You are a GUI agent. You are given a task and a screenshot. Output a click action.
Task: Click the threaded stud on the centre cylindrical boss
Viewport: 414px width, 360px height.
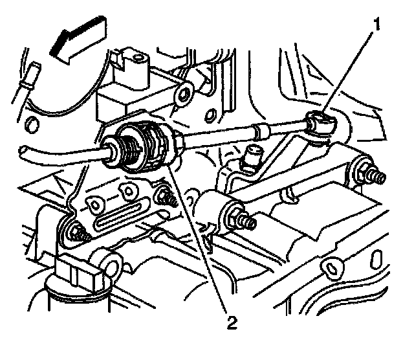245,221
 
